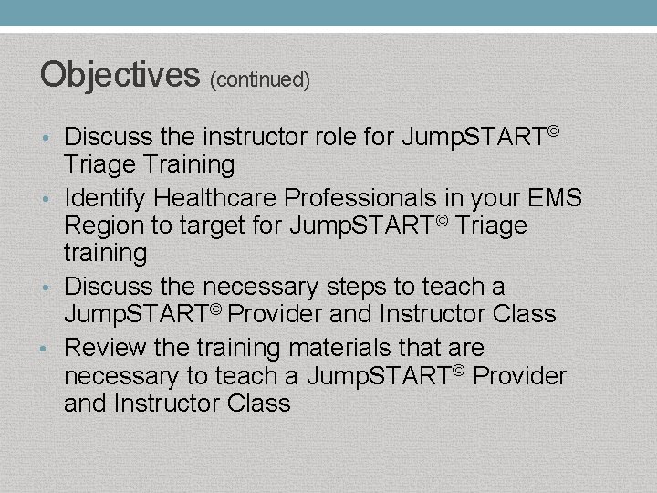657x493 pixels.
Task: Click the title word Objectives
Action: [120, 74]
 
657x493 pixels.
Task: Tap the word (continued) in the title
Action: [260, 80]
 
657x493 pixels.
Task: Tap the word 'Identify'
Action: [105, 197]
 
